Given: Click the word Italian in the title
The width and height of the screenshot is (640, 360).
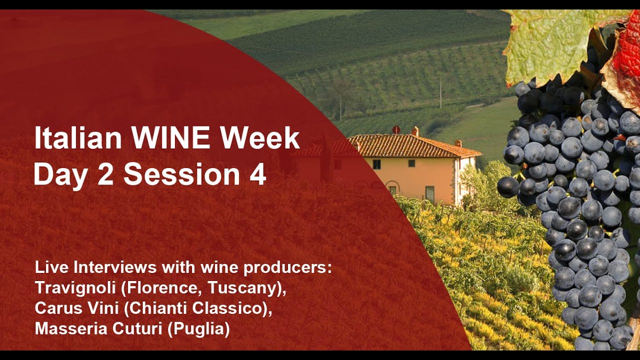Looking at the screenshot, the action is click(78, 138).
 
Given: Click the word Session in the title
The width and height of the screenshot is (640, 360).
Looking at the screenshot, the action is click(182, 174).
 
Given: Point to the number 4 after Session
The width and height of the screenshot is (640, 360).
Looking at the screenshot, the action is click(258, 174).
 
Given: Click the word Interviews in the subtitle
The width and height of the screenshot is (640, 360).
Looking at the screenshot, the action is click(115, 267).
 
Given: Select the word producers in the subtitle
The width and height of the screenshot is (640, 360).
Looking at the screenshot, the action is click(288, 268).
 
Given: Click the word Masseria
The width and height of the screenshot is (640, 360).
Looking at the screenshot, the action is click(71, 329).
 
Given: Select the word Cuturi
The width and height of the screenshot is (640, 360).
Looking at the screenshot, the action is click(135, 329).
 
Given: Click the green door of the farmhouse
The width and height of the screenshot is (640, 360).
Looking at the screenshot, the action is click(429, 194).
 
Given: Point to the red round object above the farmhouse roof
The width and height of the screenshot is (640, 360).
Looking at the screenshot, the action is click(396, 129).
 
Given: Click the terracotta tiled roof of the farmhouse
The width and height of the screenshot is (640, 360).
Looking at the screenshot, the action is click(411, 145).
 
